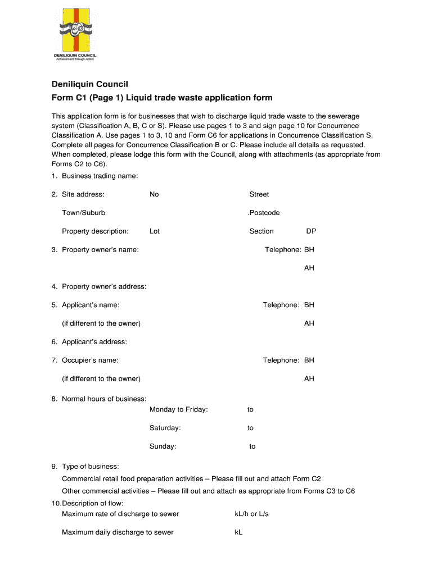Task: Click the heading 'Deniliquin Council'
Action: [90, 84]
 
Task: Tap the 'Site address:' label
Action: [83, 194]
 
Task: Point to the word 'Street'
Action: [259, 194]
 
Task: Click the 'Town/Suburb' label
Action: [83, 213]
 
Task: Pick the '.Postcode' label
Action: [264, 213]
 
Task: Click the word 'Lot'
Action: [155, 231]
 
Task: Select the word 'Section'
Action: [261, 231]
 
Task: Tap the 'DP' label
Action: [311, 231]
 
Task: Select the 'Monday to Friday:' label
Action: [179, 410]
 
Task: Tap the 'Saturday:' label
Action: [165, 428]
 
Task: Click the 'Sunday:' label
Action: [163, 447]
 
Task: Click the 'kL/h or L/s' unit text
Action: [251, 514]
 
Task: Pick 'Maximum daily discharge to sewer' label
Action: [118, 532]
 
